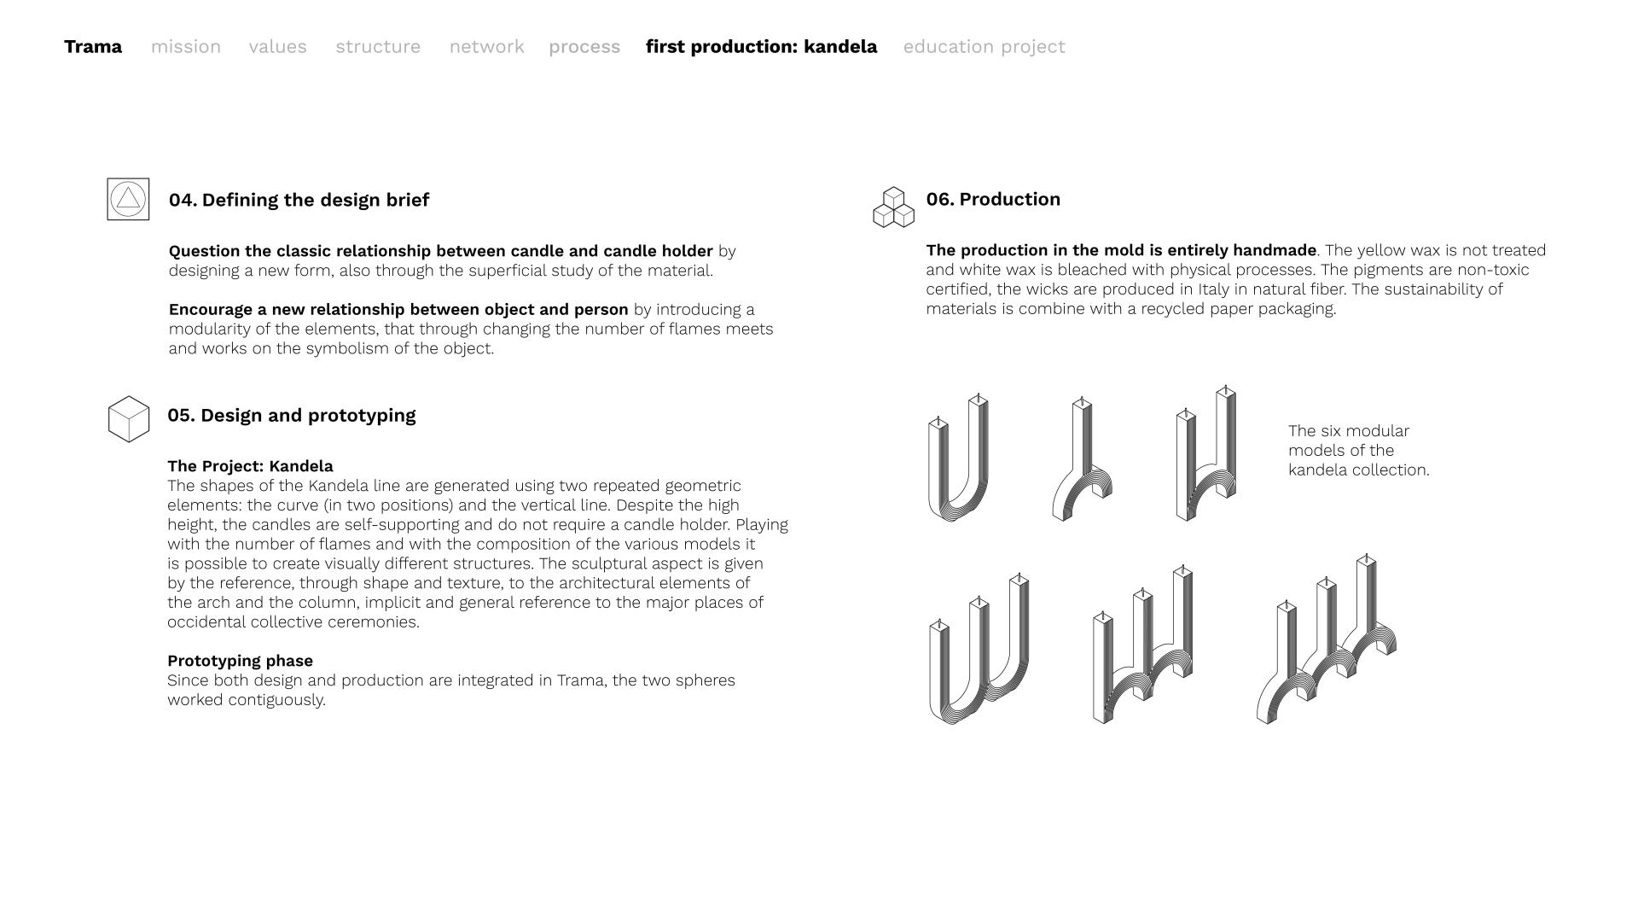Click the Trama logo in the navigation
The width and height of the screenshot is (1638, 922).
(x=93, y=47)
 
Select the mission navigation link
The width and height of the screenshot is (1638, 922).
(x=186, y=47)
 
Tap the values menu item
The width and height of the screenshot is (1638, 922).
(x=277, y=47)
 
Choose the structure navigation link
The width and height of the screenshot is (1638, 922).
(x=378, y=47)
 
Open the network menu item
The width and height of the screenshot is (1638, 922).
(x=486, y=47)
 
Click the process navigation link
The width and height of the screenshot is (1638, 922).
(x=584, y=47)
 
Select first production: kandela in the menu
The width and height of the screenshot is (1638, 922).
(x=761, y=47)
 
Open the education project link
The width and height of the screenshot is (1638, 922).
(x=984, y=47)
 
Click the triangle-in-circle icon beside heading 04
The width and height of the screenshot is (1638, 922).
(x=128, y=199)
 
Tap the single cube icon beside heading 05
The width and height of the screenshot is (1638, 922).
(x=129, y=418)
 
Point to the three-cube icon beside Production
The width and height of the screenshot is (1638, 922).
(x=893, y=207)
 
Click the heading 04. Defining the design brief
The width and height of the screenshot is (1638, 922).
(x=299, y=200)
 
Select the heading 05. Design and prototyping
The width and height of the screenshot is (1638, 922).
(x=292, y=416)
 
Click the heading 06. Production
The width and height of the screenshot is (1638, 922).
(x=993, y=199)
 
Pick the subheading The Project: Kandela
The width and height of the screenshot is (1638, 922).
(x=250, y=466)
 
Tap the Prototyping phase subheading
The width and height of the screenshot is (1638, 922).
(x=240, y=661)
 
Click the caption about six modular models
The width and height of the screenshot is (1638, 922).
(x=1358, y=451)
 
